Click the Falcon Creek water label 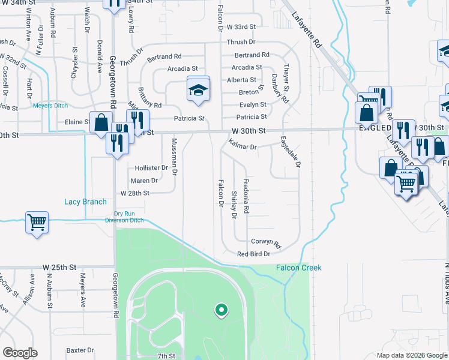pos(298,268)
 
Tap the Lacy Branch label pos(85,202)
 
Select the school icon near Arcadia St pos(197,90)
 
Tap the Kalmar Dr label pos(243,146)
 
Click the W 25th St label pos(59,266)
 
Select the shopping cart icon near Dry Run pos(37,223)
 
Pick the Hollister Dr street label pos(151,168)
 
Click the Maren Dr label pos(144,180)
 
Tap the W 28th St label pos(134,193)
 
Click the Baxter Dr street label pos(80,350)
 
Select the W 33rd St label pos(241,27)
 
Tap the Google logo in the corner pos(20,353)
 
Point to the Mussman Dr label pos(175,157)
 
